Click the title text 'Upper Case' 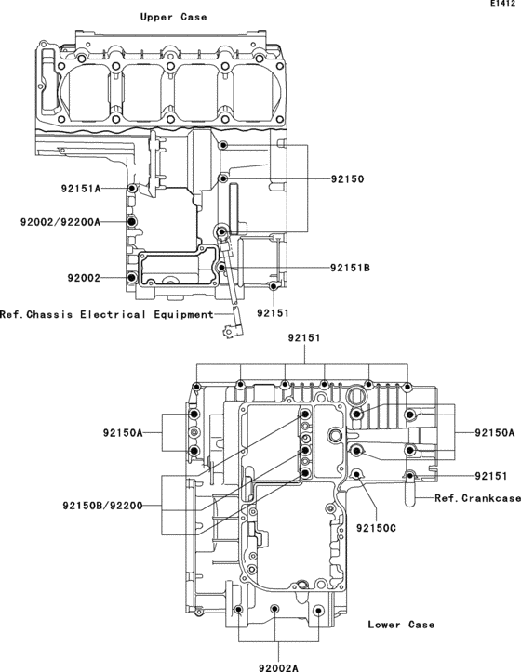pyautogui.click(x=173, y=17)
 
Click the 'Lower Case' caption pyautogui.click(x=401, y=625)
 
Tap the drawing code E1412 pyautogui.click(x=503, y=4)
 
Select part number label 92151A pyautogui.click(x=81, y=189)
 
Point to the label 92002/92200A pyautogui.click(x=60, y=222)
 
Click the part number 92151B pyautogui.click(x=350, y=268)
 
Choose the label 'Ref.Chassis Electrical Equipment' pyautogui.click(x=107, y=314)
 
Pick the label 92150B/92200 pyautogui.click(x=102, y=507)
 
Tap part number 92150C pyautogui.click(x=377, y=528)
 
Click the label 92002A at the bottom pyautogui.click(x=278, y=667)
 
